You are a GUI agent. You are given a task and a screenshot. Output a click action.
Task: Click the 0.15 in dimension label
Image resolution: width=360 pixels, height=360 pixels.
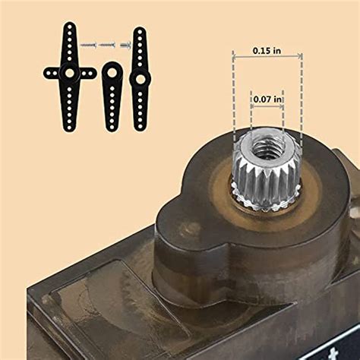(x=267, y=50)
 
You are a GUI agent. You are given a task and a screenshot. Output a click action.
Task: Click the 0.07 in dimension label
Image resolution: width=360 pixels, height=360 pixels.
(x=267, y=99)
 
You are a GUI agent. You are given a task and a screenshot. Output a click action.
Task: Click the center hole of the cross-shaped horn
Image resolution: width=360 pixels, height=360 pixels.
(x=69, y=74)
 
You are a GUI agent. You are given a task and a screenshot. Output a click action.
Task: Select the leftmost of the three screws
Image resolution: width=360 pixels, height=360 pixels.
(x=88, y=46)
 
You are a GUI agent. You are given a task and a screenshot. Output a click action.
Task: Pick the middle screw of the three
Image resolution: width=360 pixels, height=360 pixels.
(x=109, y=46)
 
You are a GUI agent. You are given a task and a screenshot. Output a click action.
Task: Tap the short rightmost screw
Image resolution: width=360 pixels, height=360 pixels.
(x=125, y=46)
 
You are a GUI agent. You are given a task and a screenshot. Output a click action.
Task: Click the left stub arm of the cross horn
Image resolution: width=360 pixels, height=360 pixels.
(x=51, y=74)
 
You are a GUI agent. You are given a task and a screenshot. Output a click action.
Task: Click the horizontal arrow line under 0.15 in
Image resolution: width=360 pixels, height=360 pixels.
(x=267, y=58)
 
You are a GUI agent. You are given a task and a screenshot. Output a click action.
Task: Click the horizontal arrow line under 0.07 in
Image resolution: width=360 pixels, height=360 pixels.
(x=267, y=107)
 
